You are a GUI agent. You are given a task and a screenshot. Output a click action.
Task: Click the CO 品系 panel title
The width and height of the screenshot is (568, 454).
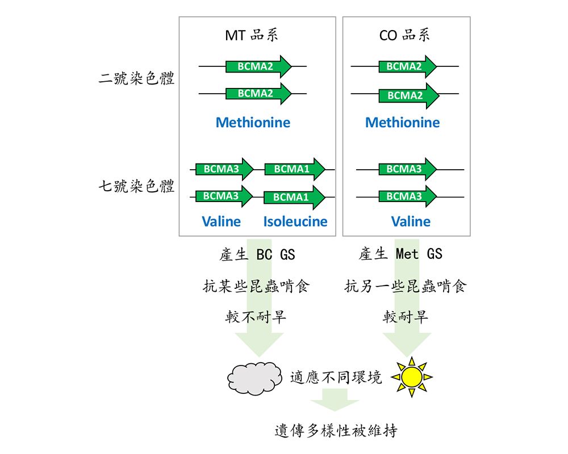point(404,36)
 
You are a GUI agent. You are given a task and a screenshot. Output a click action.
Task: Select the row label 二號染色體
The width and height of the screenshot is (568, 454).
point(136,79)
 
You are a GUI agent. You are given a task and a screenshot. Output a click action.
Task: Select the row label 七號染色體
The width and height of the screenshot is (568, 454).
point(136,186)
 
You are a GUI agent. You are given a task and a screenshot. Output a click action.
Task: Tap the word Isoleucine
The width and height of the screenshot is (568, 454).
point(295,221)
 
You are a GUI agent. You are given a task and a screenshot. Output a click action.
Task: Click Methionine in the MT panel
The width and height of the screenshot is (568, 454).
point(253,123)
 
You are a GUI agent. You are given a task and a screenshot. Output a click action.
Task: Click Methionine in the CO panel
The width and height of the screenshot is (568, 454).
point(402,123)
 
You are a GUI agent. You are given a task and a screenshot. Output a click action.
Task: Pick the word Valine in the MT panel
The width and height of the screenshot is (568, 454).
point(221,221)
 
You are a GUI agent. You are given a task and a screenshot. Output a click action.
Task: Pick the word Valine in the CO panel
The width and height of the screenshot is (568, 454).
point(410,221)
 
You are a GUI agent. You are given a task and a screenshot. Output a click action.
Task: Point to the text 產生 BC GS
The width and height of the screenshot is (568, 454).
point(257,254)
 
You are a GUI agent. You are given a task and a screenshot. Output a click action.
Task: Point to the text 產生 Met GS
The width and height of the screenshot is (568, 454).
point(400,254)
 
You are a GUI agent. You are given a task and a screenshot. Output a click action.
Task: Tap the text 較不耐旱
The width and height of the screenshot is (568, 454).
point(256,317)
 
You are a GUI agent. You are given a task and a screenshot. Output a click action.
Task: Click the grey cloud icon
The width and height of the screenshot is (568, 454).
point(254,378)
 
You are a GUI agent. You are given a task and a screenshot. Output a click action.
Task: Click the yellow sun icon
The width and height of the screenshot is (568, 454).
point(412,376)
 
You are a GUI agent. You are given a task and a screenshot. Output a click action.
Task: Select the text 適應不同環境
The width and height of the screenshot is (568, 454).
point(336,377)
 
